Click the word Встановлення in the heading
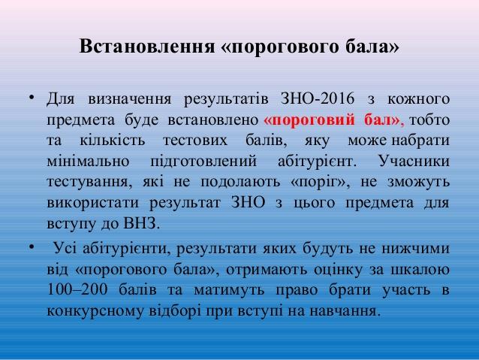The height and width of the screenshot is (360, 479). tap(147, 47)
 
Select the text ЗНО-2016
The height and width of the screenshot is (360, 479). tap(318, 98)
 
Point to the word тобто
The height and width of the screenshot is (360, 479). tap(429, 119)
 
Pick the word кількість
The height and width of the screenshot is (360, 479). tap(113, 140)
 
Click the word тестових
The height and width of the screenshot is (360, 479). tap(195, 141)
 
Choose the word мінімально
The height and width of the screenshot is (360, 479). tap(88, 161)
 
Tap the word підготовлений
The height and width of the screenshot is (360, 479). tap(203, 162)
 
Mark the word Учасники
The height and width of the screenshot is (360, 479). tap(414, 161)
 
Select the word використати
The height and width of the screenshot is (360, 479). tap(92, 202)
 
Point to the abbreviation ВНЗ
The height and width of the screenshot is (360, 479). tap(141, 223)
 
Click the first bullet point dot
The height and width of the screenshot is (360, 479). tap(32, 98)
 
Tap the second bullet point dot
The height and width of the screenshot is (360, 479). tap(32, 247)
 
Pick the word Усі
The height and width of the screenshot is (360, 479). tap(65, 247)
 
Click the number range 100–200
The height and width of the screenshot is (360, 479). tap(77, 289)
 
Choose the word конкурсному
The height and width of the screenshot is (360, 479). tap(95, 310)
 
